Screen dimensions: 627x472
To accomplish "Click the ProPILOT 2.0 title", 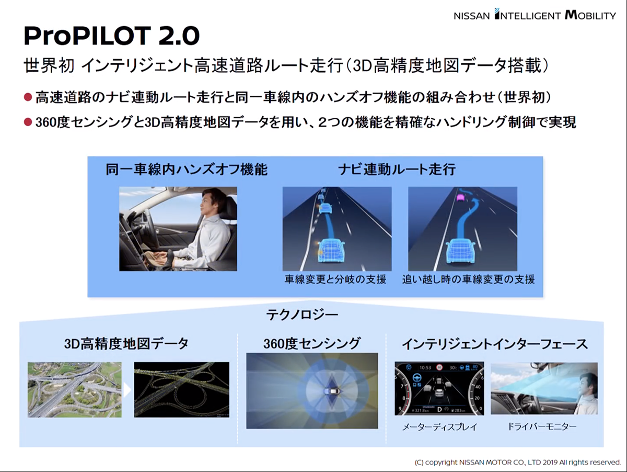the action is click(x=111, y=36).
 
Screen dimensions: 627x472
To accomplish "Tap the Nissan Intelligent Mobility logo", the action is click(x=535, y=15).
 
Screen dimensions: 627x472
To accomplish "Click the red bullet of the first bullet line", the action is click(x=28, y=97).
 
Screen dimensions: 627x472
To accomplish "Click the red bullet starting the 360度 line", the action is click(x=28, y=122).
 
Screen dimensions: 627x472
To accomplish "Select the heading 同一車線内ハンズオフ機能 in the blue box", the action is click(x=187, y=170).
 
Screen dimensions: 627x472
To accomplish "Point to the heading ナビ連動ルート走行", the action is click(x=397, y=170).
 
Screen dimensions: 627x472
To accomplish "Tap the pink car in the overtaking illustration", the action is click(x=460, y=198).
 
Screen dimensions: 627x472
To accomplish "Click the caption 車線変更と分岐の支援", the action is click(x=335, y=279).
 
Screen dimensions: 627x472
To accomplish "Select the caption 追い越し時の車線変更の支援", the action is click(x=469, y=279).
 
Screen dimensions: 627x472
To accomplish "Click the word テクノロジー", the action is click(x=302, y=315).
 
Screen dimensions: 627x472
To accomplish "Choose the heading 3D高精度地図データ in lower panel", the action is click(x=126, y=344).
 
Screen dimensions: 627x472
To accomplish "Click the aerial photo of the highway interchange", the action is click(x=75, y=390).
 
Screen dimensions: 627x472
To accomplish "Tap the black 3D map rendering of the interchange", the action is click(x=182, y=390).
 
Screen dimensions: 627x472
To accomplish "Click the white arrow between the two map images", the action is click(x=127, y=390).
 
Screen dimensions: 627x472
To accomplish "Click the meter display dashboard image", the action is click(x=439, y=388).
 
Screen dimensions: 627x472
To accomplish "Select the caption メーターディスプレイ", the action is click(x=439, y=427).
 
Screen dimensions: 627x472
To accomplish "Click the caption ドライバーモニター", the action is click(x=542, y=427).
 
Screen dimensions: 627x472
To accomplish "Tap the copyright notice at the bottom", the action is click(x=518, y=462).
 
